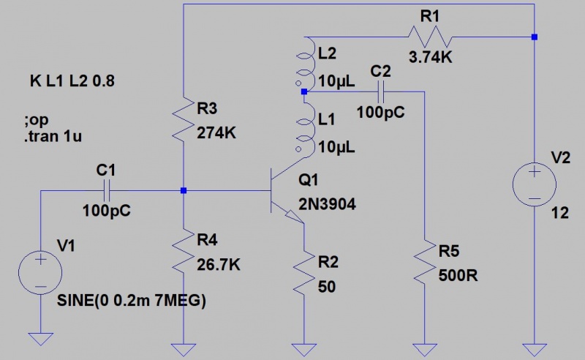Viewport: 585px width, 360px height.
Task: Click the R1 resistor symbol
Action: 431,36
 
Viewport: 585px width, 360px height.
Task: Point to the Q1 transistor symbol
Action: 281,191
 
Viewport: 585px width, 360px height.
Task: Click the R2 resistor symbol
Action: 304,271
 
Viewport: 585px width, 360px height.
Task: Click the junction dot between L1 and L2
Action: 303,92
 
